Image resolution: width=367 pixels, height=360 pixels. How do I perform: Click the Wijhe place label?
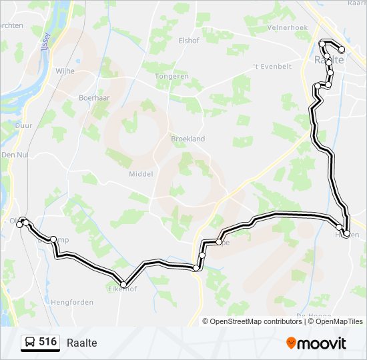click(x=65, y=70)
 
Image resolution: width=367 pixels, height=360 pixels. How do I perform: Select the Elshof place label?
click(x=189, y=39)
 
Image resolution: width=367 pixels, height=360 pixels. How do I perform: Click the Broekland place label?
click(x=188, y=139)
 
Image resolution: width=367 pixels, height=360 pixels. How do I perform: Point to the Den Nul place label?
click(x=13, y=154)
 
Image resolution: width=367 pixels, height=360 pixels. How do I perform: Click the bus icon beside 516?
click(x=30, y=343)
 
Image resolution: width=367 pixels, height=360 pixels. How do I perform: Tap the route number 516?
click(x=47, y=342)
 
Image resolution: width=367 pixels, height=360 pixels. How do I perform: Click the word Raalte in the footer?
click(x=82, y=343)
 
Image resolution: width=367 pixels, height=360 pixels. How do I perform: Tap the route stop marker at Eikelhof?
click(x=123, y=285)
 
